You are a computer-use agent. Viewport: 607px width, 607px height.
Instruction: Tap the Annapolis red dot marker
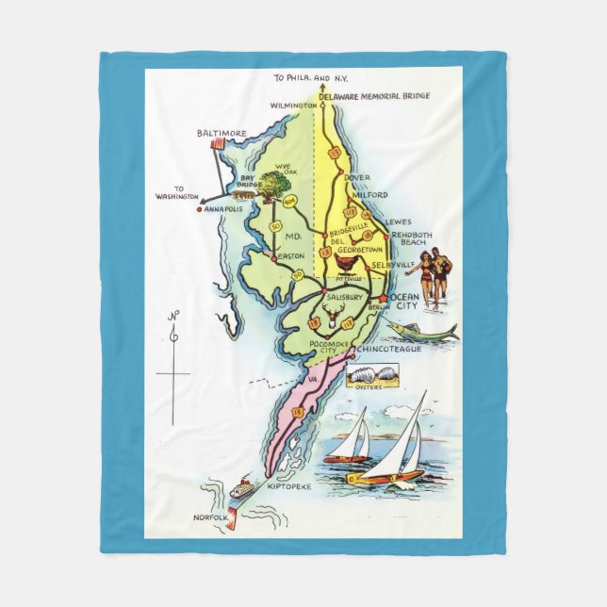[199, 209]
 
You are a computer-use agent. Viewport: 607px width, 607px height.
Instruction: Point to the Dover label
[357, 176]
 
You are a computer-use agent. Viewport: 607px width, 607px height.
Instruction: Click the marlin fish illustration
[422, 330]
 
